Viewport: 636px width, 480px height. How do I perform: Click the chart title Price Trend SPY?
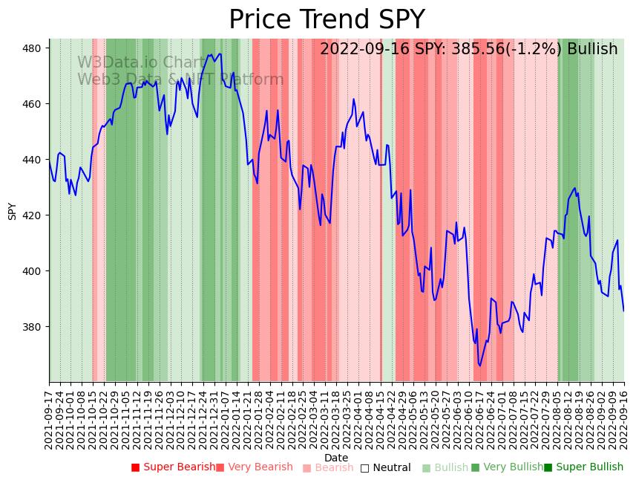click(327, 20)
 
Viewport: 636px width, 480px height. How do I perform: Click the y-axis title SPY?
click(12, 211)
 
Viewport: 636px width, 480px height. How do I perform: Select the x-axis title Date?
click(336, 458)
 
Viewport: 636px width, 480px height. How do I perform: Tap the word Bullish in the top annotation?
click(591, 50)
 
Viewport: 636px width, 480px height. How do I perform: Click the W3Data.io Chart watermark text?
click(141, 63)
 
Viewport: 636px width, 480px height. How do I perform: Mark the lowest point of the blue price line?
click(480, 366)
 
